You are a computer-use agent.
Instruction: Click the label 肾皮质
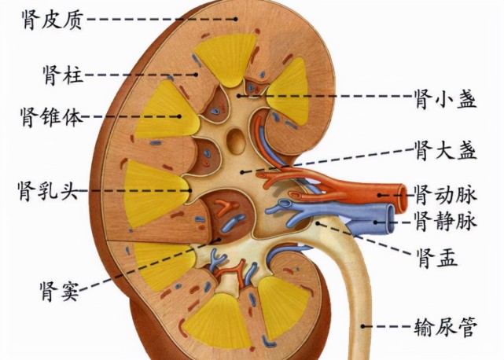point(53,20)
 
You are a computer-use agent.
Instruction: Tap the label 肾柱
point(64,75)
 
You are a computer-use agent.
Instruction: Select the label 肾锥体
point(51,117)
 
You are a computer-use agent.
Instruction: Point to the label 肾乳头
point(48,190)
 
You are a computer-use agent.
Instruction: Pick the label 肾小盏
point(446,97)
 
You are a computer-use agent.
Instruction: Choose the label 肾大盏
point(446,150)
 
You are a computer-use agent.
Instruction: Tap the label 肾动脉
point(446,195)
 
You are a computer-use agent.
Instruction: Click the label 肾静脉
point(446,221)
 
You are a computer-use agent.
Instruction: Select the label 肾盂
point(436,258)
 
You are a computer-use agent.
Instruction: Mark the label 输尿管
point(446,326)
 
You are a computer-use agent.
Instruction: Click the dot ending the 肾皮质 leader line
point(236,20)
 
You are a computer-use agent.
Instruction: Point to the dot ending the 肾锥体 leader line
point(180,116)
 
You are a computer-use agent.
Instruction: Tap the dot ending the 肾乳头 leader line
point(190,190)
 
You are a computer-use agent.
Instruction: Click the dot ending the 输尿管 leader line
point(362,326)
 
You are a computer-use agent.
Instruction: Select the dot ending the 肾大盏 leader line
point(242,172)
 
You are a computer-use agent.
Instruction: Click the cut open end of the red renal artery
point(403,196)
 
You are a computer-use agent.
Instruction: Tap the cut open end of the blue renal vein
point(390,219)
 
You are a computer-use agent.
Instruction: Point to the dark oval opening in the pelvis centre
point(236,141)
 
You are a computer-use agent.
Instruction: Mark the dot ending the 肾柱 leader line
point(196,75)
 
